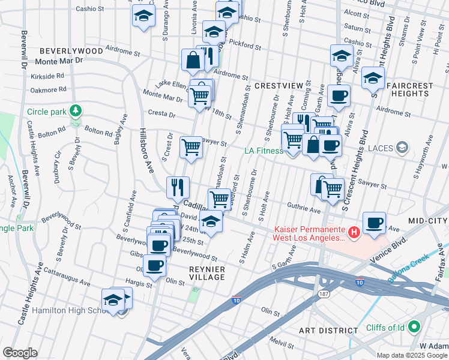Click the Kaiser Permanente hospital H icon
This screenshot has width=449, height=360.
tap(354, 231)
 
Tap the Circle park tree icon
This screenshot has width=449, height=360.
tap(75, 111)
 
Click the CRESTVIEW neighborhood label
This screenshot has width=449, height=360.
tap(279, 86)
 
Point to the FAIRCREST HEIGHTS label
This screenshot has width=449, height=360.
tap(409, 90)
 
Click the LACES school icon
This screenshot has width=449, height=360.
tap(402, 147)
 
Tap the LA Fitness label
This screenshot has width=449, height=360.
tap(263, 151)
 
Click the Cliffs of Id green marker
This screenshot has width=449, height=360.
tap(412, 328)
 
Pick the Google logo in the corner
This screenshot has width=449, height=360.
tap(20, 353)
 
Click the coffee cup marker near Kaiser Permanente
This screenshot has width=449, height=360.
tap(375, 223)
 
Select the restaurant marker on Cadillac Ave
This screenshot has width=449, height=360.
tap(178, 187)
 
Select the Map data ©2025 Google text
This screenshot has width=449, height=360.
tap(412, 355)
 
